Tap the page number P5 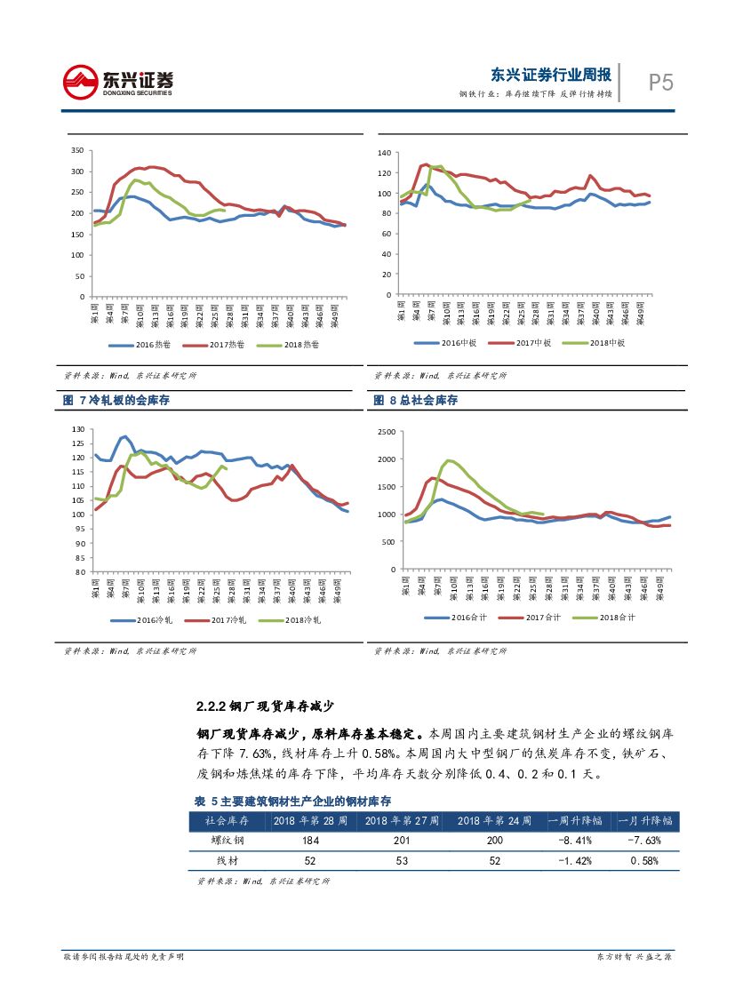(660, 83)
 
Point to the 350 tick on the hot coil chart (76, 150)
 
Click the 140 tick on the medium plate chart (384, 153)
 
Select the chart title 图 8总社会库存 (415, 401)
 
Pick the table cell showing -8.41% (569, 840)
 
